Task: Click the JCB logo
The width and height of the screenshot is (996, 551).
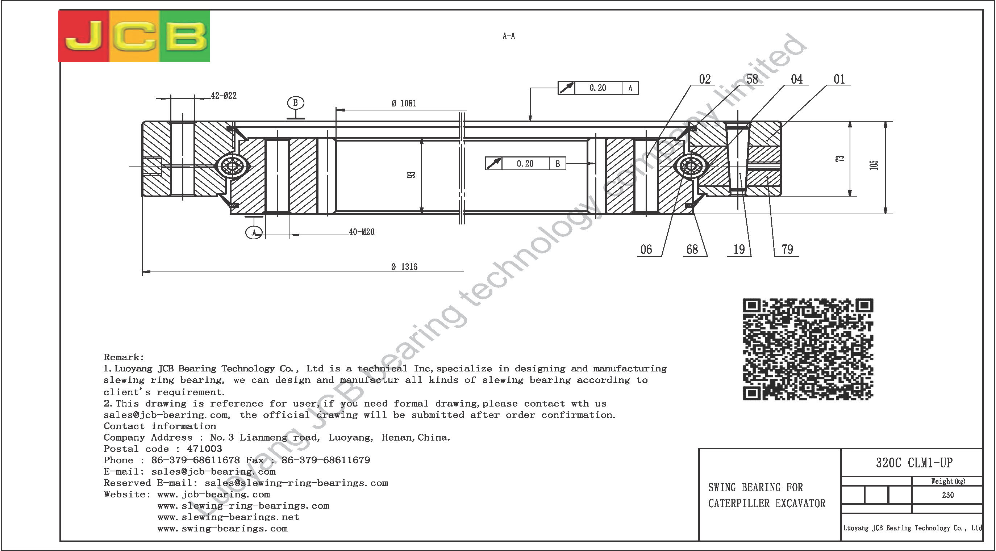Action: pyautogui.click(x=134, y=36)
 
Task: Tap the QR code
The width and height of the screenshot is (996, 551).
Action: pyautogui.click(x=808, y=349)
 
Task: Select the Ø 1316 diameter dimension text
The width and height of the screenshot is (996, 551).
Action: pyautogui.click(x=404, y=266)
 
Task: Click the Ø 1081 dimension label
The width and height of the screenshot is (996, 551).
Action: pyautogui.click(x=404, y=103)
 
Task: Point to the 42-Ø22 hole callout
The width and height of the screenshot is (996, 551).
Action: pyautogui.click(x=224, y=96)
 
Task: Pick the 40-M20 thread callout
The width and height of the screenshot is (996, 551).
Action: pyautogui.click(x=362, y=232)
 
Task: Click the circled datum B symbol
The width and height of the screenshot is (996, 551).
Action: pyautogui.click(x=296, y=103)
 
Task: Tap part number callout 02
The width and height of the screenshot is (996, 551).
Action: pyautogui.click(x=705, y=79)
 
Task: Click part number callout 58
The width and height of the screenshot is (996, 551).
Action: pyautogui.click(x=752, y=79)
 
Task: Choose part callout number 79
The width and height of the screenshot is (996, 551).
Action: pyautogui.click(x=787, y=249)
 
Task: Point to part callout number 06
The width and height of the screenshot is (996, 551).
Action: pyautogui.click(x=646, y=249)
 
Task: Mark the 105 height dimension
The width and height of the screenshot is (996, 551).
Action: pyautogui.click(x=874, y=165)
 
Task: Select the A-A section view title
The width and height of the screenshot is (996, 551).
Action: pyautogui.click(x=509, y=36)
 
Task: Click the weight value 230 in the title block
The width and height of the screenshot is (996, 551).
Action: pyautogui.click(x=948, y=495)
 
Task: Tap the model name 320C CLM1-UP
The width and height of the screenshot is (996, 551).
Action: pyautogui.click(x=914, y=463)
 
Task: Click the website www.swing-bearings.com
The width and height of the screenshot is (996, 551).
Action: pyautogui.click(x=223, y=529)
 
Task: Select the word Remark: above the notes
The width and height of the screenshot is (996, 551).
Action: pyautogui.click(x=124, y=357)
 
